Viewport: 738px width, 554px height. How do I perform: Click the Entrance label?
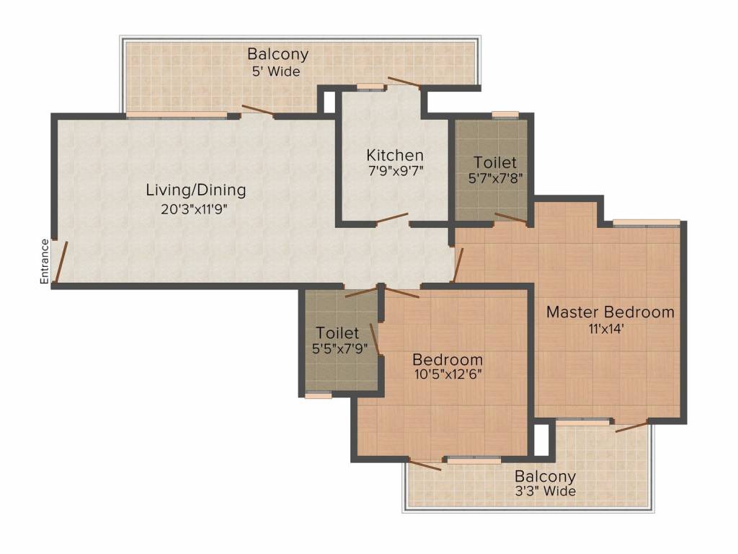[x=44, y=260]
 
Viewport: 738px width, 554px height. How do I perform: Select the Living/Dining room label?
[x=196, y=190]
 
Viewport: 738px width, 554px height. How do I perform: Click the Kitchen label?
[x=395, y=155]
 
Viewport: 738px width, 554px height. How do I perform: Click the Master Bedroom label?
[x=610, y=312]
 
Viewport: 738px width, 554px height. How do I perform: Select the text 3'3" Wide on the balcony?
[x=544, y=492]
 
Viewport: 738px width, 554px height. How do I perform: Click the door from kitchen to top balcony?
[x=404, y=82]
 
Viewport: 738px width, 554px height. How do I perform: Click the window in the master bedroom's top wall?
[x=646, y=222]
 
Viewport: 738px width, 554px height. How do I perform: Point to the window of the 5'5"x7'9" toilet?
[x=318, y=395]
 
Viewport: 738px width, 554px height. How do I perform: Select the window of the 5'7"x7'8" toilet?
[x=505, y=114]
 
